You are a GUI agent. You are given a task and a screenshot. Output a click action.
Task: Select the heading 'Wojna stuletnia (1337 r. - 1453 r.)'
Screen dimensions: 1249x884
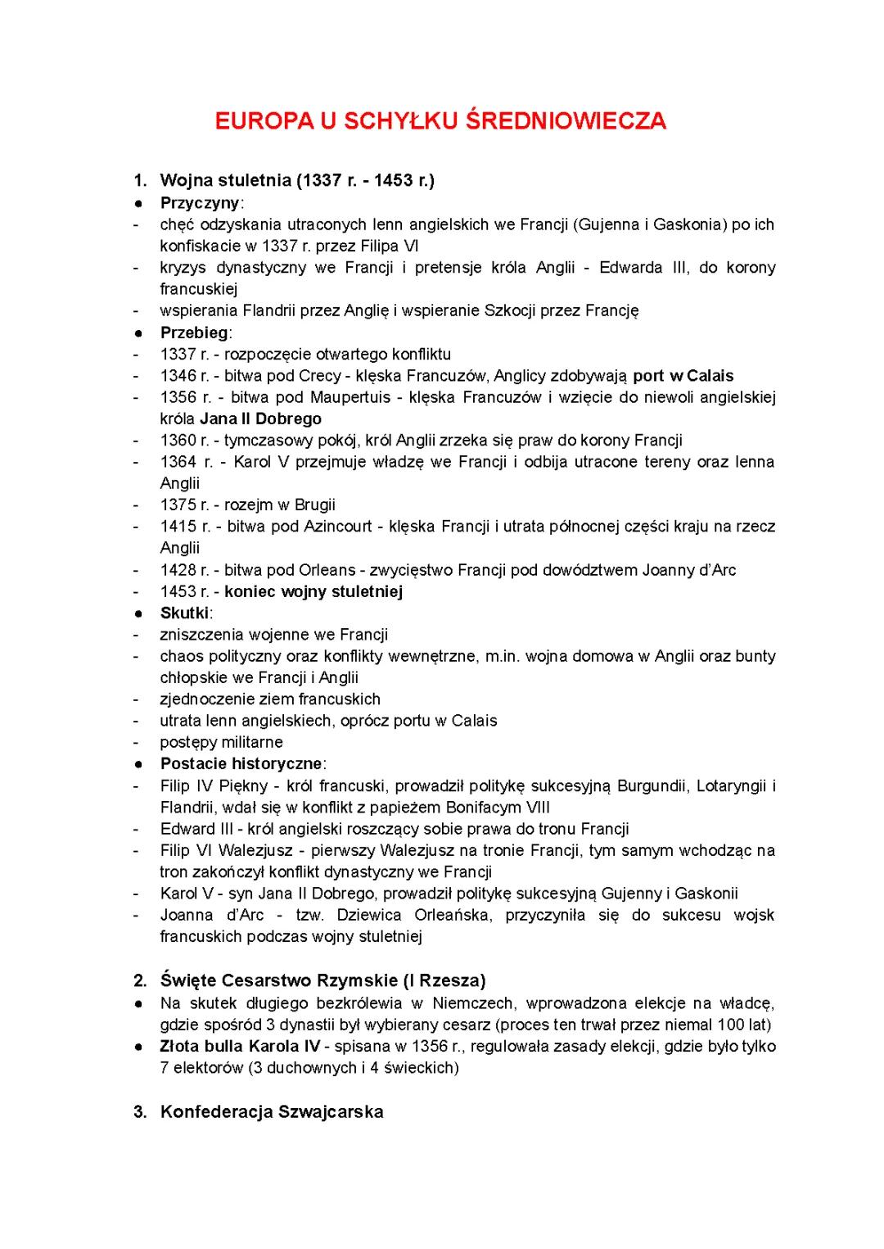click(x=297, y=180)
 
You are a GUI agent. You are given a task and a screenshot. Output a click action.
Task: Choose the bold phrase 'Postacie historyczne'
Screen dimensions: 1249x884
click(x=241, y=763)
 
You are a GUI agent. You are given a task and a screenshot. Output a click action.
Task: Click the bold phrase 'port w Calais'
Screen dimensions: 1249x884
click(x=683, y=376)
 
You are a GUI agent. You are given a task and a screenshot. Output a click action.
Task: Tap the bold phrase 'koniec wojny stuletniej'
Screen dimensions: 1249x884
click(x=313, y=591)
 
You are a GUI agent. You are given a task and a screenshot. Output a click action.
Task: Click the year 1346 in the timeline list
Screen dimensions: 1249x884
click(x=178, y=376)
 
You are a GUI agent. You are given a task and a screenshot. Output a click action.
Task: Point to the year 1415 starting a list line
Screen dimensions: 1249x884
click(x=178, y=527)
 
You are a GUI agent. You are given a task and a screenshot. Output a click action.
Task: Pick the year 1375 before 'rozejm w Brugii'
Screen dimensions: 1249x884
click(x=178, y=505)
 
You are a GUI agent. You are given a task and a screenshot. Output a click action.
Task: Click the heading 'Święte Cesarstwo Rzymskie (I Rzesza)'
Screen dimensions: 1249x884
click(x=322, y=980)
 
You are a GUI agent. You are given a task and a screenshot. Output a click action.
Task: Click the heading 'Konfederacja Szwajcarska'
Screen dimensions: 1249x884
click(x=272, y=1111)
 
